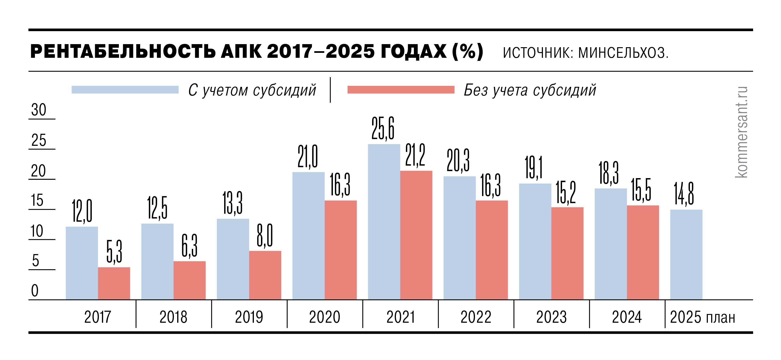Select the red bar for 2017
[x=114, y=283]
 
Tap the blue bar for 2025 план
[x=686, y=255]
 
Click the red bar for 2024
[x=643, y=252]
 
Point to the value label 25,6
[x=383, y=129]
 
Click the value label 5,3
[x=114, y=251]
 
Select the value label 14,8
[x=684, y=194]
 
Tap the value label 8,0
[x=265, y=236]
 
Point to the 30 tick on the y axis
[x=39, y=110]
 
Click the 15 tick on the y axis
[x=37, y=200]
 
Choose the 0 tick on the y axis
[x=35, y=291]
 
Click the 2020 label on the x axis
[x=324, y=317]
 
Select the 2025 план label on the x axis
[x=702, y=317]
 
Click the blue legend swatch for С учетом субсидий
[x=125, y=90]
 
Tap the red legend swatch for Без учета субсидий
[x=401, y=90]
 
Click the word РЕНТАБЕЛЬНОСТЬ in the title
[x=123, y=51]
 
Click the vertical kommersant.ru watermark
[x=741, y=132]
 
